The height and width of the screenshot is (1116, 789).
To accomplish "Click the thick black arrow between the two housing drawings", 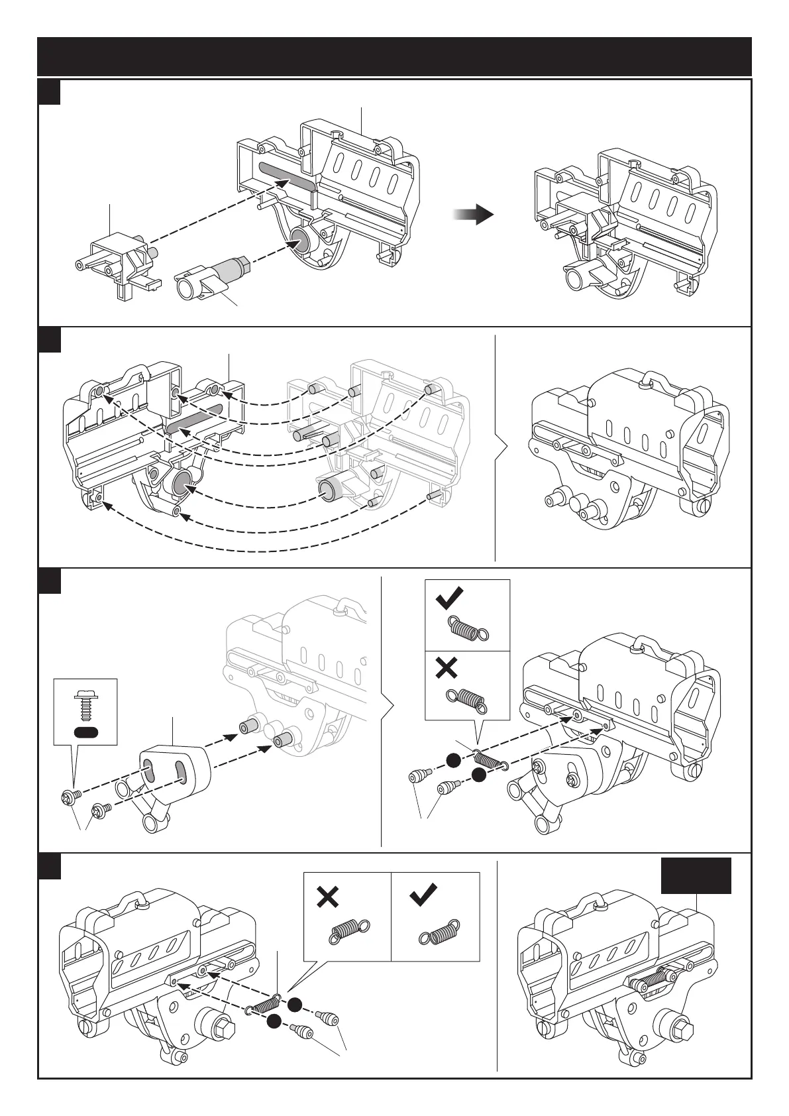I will pyautogui.click(x=474, y=215).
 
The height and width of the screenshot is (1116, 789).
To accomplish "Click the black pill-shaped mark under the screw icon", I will pyautogui.click(x=86, y=732).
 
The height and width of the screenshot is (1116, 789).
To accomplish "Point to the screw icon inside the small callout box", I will pyautogui.click(x=85, y=705).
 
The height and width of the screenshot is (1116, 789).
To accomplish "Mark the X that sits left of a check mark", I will pyautogui.click(x=328, y=897).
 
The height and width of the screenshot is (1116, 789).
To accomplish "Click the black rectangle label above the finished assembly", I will pyautogui.click(x=696, y=875).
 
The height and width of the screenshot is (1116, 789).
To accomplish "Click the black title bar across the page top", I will pyautogui.click(x=394, y=56).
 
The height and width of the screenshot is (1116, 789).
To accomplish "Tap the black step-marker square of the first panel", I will pyautogui.click(x=49, y=92).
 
